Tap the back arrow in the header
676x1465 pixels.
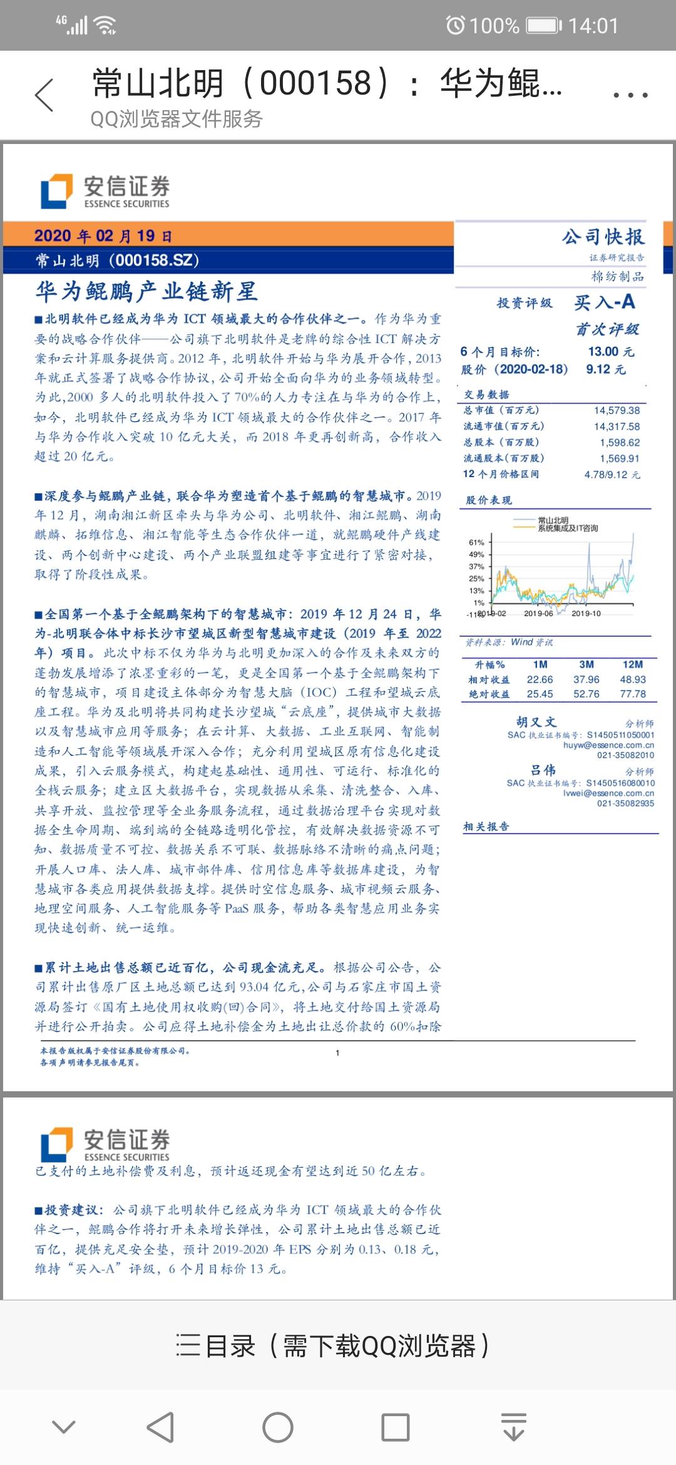point(44,95)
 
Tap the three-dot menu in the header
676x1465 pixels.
point(630,95)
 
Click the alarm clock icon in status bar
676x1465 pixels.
point(455,26)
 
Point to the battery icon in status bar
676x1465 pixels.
point(544,26)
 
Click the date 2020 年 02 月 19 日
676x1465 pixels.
point(103,236)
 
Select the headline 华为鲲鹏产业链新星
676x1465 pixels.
point(146,291)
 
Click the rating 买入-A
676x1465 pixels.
point(605,302)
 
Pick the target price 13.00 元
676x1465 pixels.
point(611,352)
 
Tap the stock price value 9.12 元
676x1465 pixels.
point(605,369)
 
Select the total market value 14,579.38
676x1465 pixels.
point(617,411)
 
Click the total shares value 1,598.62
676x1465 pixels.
point(620,443)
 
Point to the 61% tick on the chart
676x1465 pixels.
point(476,542)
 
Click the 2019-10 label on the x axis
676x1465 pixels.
point(586,614)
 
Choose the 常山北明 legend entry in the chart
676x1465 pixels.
point(553,520)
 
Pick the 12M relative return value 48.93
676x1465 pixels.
point(633,679)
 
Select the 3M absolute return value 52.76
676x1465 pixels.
point(586,694)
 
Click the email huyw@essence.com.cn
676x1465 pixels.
point(608,745)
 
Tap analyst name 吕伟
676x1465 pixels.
point(543,770)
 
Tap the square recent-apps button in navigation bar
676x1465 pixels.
point(396,1427)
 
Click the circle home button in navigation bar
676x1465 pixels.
point(278,1427)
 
